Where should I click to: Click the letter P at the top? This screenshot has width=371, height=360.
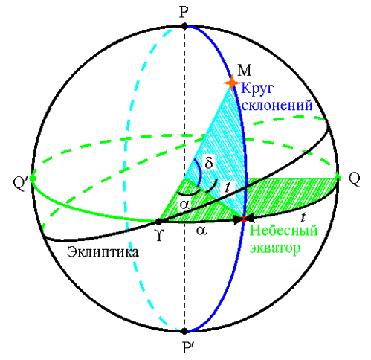[x=184, y=13]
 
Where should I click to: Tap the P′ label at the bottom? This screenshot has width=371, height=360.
[x=186, y=347]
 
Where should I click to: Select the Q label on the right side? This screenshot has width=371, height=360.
[x=354, y=179]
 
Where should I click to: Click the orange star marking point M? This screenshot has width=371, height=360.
[x=232, y=83]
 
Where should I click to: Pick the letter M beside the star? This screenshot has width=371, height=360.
[x=244, y=70]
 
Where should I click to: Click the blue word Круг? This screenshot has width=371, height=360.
[x=257, y=89]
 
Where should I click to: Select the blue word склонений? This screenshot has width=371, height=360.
[x=277, y=105]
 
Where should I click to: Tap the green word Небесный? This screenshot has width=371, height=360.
[x=283, y=230]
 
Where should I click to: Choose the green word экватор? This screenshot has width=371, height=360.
[x=275, y=248]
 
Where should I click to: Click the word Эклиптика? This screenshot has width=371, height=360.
[x=103, y=252]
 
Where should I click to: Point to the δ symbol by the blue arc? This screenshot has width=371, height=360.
[x=209, y=163]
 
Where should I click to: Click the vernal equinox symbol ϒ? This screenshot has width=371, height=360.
[x=159, y=235]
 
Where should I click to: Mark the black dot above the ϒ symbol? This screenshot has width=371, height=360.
[x=158, y=221]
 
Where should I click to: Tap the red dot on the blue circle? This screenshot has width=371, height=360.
[x=244, y=219]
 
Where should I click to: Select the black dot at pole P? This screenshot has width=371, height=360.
[x=184, y=26]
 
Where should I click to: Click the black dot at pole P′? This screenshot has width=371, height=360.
[x=184, y=331]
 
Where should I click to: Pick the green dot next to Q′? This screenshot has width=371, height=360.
[x=33, y=179]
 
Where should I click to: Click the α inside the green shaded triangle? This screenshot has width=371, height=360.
[x=185, y=205]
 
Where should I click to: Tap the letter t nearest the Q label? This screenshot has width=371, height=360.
[x=303, y=217]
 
